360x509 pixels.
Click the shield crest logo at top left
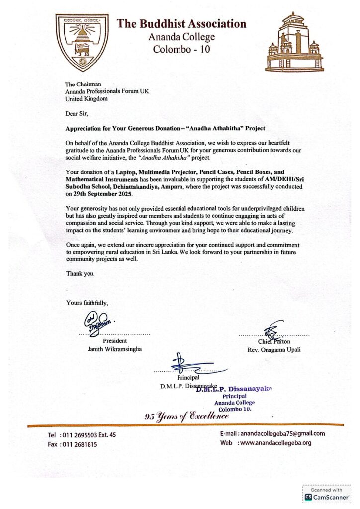pos(81,41)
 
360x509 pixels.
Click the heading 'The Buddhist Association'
pos(181,23)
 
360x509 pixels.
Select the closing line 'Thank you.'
pos(80,273)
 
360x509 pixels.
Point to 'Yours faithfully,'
pos(87,302)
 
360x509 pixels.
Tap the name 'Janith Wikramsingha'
pos(115,349)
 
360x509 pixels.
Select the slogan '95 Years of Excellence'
pos(187,416)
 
